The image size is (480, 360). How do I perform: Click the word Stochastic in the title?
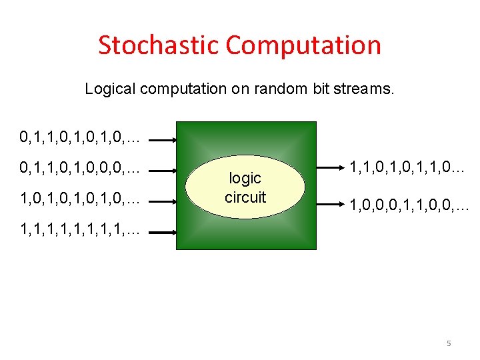[159, 45]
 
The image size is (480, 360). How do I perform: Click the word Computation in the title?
[303, 45]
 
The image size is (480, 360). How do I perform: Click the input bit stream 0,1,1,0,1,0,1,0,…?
[80, 138]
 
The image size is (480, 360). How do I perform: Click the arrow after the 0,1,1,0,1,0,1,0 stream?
[162, 141]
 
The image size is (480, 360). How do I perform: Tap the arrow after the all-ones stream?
[162, 233]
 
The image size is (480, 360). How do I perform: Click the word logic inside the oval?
[245, 179]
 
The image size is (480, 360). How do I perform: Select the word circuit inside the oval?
[245, 197]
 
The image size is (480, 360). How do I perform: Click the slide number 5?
[449, 343]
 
